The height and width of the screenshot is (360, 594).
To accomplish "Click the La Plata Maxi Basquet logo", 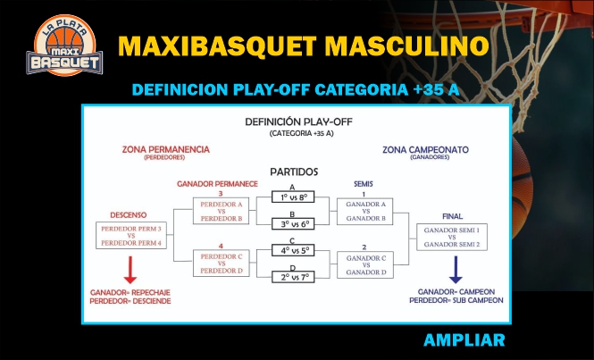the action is [x=64, y=46].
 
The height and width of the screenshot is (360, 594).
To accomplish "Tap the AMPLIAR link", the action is [x=464, y=340].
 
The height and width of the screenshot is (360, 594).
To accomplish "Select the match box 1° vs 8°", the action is [x=293, y=197].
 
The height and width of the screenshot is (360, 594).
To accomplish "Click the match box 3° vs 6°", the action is [x=293, y=224].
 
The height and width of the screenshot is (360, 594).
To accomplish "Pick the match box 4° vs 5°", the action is [x=293, y=250].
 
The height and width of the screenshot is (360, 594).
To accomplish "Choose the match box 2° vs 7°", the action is [x=293, y=277].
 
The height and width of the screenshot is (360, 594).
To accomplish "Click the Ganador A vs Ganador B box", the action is [x=365, y=212].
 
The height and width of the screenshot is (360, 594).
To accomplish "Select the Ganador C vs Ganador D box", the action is [x=365, y=265].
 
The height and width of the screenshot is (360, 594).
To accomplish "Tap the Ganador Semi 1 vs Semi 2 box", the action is [x=452, y=238].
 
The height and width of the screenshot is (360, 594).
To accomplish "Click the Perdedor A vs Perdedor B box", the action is [x=222, y=211].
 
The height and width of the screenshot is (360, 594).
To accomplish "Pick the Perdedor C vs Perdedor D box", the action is [x=222, y=263].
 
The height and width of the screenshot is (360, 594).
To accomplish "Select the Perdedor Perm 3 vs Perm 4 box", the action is [x=131, y=235].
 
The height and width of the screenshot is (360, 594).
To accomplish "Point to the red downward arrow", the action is [x=130, y=270].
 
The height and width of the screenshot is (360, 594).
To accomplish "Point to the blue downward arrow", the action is [x=456, y=270].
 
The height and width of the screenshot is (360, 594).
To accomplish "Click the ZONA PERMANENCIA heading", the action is [x=165, y=150].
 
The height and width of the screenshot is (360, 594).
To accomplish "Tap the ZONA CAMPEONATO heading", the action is [x=425, y=150].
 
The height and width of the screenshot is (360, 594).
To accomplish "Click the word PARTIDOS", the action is [x=294, y=172].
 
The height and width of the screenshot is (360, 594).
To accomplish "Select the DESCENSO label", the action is [x=129, y=215].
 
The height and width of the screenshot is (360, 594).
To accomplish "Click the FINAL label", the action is [x=452, y=216].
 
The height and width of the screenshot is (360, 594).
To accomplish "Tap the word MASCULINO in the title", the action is [x=406, y=46].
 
